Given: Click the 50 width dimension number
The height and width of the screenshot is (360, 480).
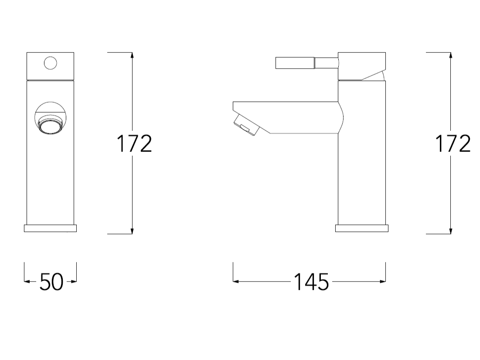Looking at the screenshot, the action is pos(51,281).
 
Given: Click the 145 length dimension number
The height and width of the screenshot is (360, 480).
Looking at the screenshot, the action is pos(311,281).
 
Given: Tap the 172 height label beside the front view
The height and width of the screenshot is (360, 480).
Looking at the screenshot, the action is pos(134,144).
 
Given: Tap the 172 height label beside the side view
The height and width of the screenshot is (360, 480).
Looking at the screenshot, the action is pos(453,144).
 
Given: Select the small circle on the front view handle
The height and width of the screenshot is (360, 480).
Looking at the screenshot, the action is pos(50,63).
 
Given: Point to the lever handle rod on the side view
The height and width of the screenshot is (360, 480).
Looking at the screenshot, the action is pos(307,63).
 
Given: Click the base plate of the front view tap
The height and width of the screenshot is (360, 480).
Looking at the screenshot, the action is pos(50,228).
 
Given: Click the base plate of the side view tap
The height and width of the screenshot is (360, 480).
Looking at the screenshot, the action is pos(362,228).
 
